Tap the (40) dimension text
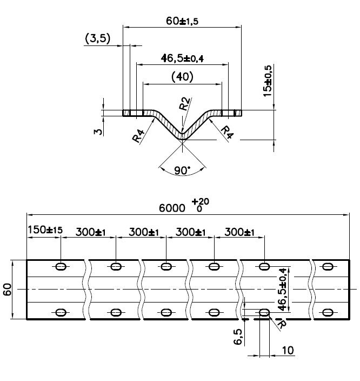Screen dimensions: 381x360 tap(182, 77)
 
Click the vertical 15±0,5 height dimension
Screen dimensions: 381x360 tap(267, 81)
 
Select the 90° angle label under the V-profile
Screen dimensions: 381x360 tap(183, 170)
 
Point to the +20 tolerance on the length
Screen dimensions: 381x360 tap(203, 201)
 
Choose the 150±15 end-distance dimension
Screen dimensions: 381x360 tap(45, 230)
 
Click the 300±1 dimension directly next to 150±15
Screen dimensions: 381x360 tap(91, 232)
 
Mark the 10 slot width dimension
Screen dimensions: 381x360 tap(288, 351)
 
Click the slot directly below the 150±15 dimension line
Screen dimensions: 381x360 tap(61, 266)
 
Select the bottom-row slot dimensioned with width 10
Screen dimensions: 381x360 tap(264, 312)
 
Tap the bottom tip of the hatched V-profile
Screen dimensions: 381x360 tap(183, 137)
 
